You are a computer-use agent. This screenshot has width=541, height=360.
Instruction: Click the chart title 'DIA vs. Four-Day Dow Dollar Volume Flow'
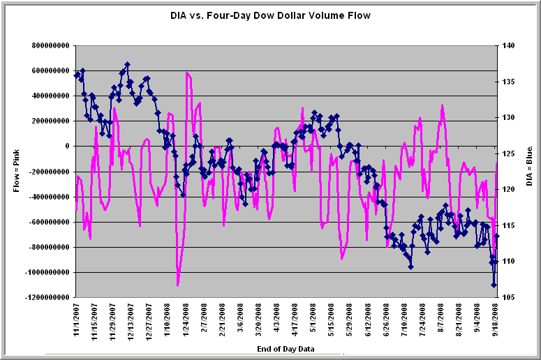(270, 15)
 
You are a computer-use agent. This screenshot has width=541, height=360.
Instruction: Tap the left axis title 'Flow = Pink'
(15, 171)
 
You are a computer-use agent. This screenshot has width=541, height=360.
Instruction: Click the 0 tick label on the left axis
(67, 147)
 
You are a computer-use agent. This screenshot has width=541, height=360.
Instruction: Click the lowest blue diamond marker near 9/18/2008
(494, 285)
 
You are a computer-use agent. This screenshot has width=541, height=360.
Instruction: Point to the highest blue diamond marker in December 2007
(127, 64)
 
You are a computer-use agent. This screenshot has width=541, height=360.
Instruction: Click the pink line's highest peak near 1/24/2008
(187, 72)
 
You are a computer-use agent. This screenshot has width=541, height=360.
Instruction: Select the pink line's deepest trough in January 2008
(178, 285)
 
